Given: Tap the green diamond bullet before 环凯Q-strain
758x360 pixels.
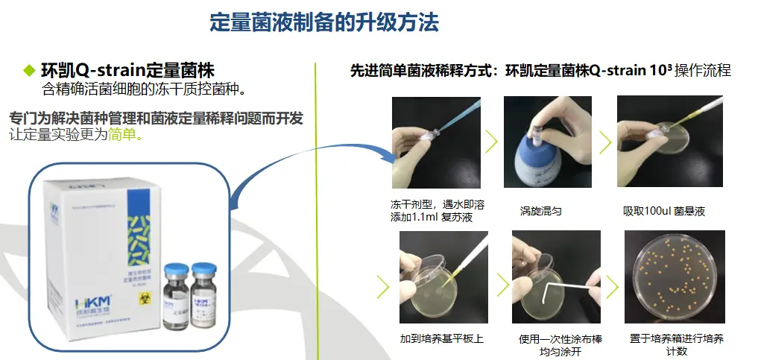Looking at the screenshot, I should [29, 71].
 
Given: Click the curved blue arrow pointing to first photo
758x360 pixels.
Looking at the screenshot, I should [313, 153].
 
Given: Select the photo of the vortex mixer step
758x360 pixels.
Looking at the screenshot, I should [542, 142].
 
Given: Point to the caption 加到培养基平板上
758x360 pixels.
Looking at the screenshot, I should [441, 339].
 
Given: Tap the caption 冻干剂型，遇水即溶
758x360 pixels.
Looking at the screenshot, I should [432, 204].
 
